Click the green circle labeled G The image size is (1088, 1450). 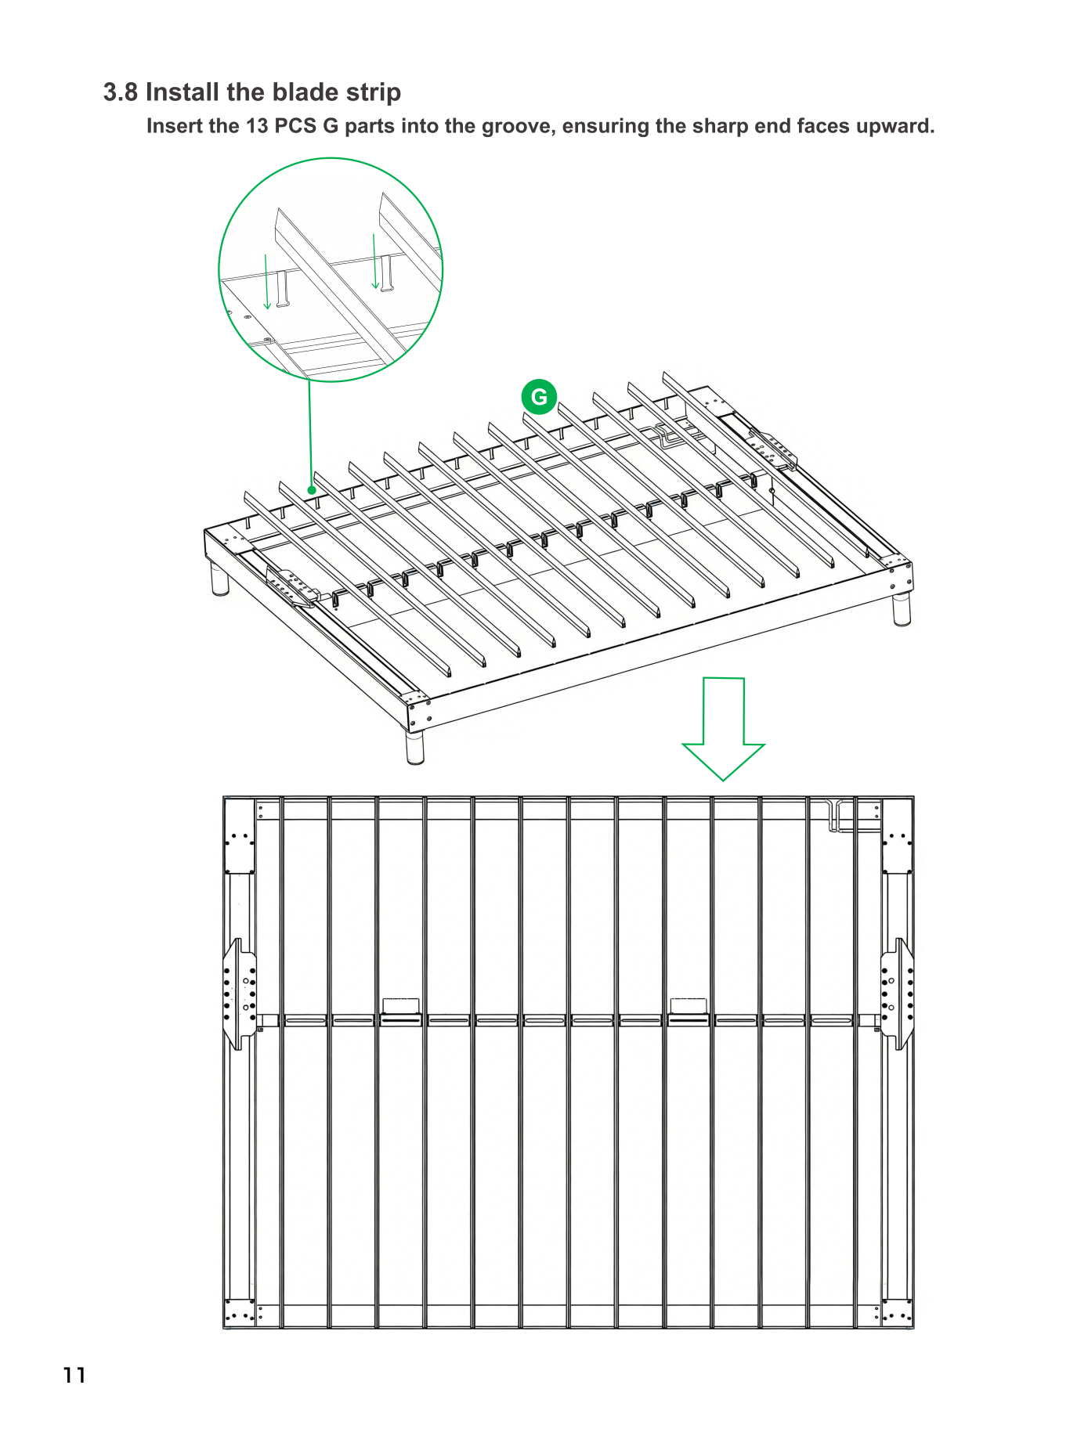[539, 397]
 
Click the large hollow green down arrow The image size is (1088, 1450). [723, 728]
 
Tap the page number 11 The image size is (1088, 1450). [75, 1375]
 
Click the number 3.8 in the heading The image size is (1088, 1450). [121, 92]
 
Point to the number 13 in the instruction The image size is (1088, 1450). [257, 126]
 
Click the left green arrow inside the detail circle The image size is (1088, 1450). [267, 281]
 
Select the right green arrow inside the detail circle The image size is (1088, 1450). [375, 262]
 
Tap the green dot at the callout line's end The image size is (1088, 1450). [312, 490]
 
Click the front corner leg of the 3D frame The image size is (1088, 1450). [415, 747]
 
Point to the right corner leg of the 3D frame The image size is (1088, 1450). [902, 608]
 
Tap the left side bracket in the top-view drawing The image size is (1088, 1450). [240, 994]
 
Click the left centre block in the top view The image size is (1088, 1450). [400, 1006]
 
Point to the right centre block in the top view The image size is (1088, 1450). [689, 1006]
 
